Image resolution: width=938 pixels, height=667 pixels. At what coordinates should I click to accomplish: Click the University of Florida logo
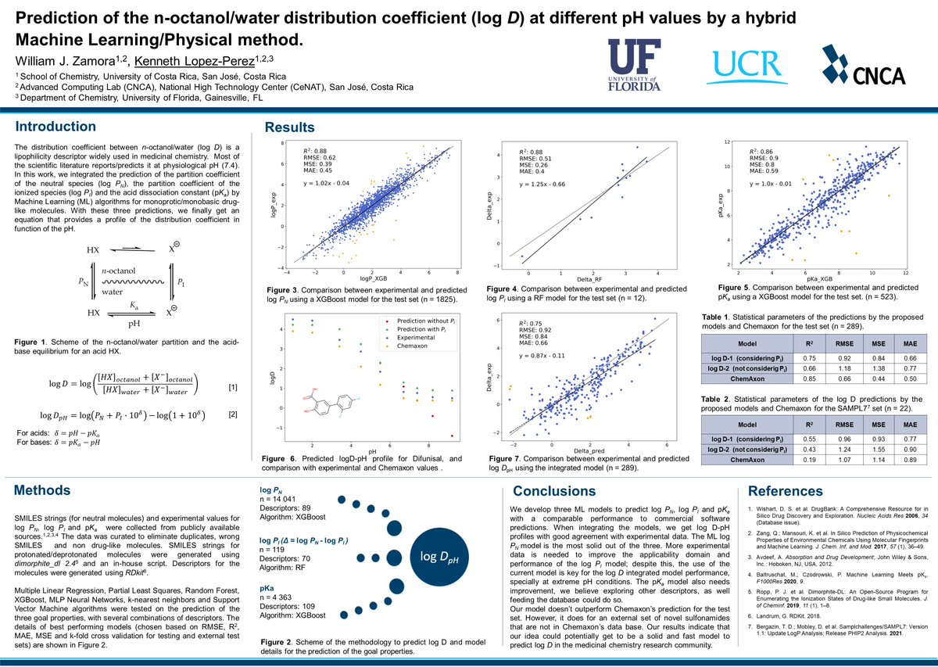click(644, 63)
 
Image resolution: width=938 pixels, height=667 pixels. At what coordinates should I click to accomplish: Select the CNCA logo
click(862, 65)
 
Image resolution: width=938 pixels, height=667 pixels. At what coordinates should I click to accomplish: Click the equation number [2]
click(232, 414)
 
